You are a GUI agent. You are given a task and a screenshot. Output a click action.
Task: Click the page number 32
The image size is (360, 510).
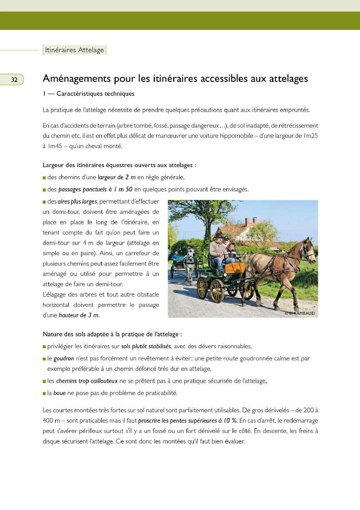[x=14, y=80]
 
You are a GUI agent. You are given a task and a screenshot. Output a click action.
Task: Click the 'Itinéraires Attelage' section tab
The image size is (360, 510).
[x=74, y=50]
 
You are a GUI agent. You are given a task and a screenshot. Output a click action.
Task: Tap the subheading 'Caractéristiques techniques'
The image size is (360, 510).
[x=95, y=93]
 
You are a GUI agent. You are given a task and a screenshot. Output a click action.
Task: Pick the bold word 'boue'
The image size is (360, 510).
[x=59, y=393]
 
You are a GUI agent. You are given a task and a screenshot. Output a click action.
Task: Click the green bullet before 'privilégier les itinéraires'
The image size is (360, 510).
[x=44, y=347]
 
